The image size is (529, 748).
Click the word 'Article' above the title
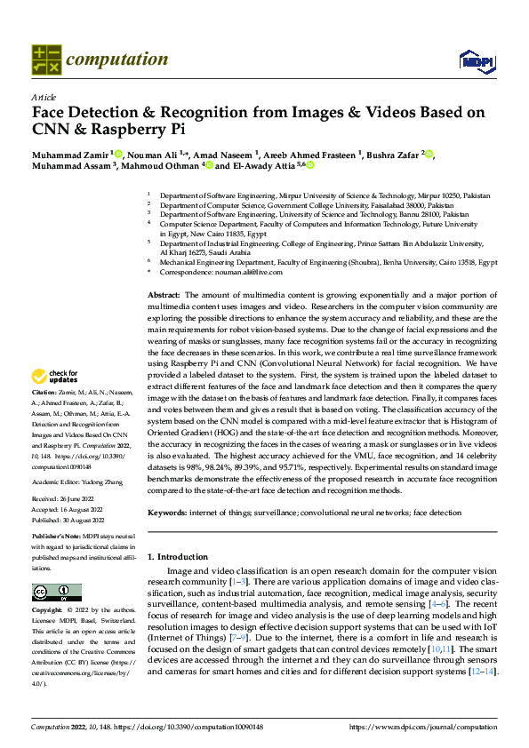44,97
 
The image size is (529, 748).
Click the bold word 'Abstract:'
164,294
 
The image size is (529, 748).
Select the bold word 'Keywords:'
166,513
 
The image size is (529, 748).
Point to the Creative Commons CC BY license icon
56,593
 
